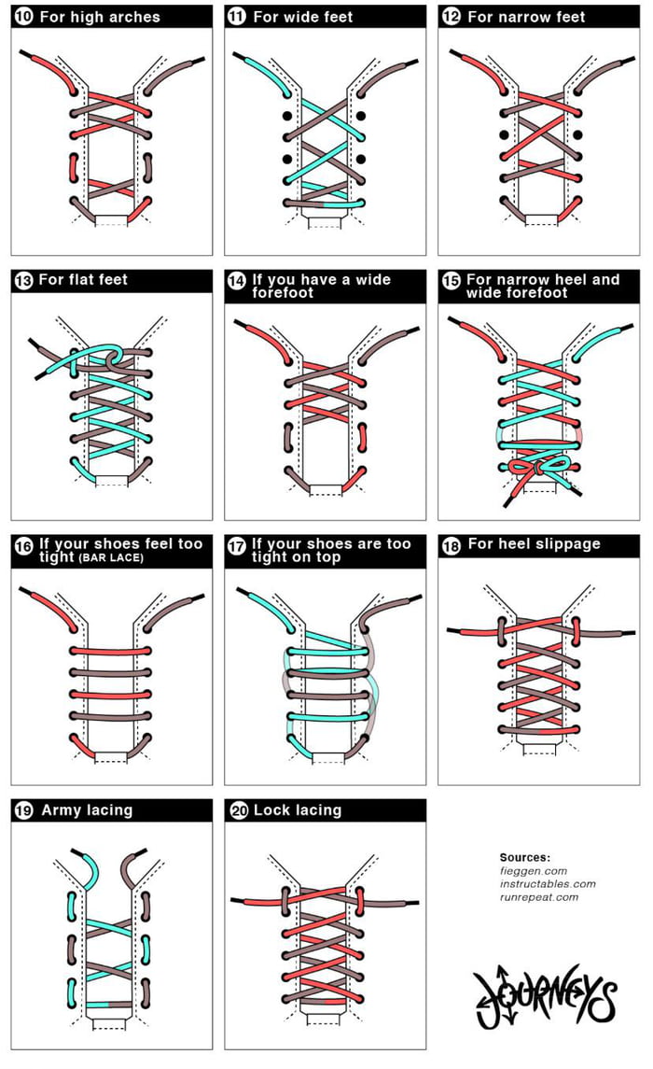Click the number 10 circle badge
coord(22,17)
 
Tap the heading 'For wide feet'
coord(302,17)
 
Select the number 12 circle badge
coord(451,17)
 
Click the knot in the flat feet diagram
coord(111,358)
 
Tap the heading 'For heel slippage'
coord(534,544)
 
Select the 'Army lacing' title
coord(87,810)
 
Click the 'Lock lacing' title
coord(297,810)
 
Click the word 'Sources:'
coord(525,857)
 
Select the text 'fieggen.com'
coord(533,870)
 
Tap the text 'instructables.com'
coord(548,883)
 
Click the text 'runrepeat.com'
coord(539,897)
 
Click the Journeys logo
coord(545,992)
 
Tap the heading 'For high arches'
coord(99,17)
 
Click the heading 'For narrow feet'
coord(526,17)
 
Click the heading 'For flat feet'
coord(83,279)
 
